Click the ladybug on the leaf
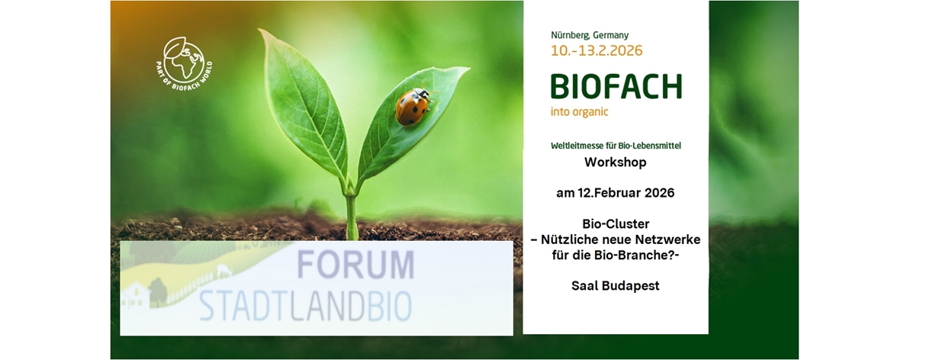(413, 106)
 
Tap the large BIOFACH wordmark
(616, 87)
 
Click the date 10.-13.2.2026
(597, 51)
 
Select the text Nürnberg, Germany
(590, 35)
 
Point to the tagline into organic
(580, 111)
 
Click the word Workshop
(615, 162)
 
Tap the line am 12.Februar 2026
(615, 193)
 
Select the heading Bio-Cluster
(615, 224)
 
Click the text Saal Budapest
(615, 286)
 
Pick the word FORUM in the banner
(355, 265)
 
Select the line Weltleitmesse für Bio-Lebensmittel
(615, 145)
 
